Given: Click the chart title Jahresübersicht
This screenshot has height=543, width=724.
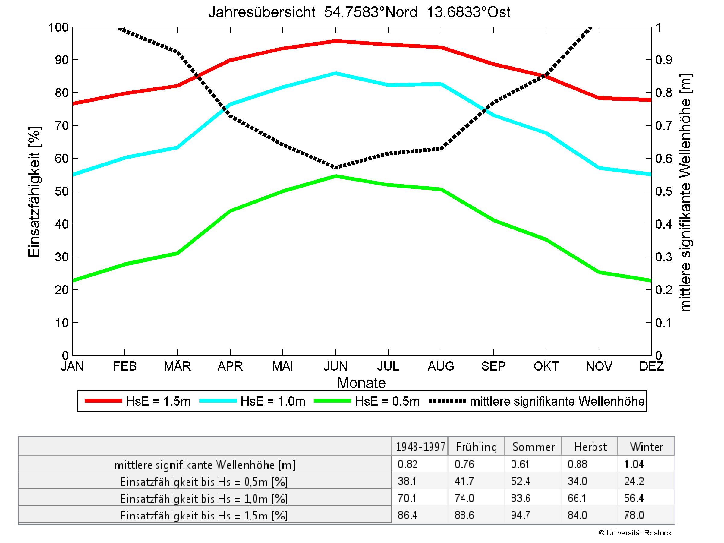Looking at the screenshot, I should point(359,12).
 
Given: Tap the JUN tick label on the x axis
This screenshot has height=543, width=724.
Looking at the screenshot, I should point(335,366).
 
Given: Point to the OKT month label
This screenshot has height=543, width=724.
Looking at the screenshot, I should point(546,366).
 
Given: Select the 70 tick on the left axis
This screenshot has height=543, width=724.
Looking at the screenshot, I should point(61,126).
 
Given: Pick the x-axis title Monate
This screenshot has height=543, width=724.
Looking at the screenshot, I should point(361,383).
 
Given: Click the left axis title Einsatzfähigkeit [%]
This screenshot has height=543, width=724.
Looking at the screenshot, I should point(34,191).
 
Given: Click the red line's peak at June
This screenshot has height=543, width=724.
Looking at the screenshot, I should point(335,41).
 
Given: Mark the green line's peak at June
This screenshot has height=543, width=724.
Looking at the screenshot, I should point(335,176).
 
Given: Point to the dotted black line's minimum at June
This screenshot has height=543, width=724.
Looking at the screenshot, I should point(335,168).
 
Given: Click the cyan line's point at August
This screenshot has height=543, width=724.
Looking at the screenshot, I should point(441,84).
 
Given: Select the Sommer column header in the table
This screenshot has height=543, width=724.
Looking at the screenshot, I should point(534,447).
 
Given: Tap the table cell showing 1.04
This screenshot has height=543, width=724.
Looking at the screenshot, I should point(634,464).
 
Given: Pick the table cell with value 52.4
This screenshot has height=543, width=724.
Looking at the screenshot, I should point(521,481).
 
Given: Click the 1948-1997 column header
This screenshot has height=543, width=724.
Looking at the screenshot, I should point(420,447).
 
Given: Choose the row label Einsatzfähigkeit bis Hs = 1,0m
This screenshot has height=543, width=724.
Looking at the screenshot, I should point(204,498).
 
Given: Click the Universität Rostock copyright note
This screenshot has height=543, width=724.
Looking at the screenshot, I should point(635,533).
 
